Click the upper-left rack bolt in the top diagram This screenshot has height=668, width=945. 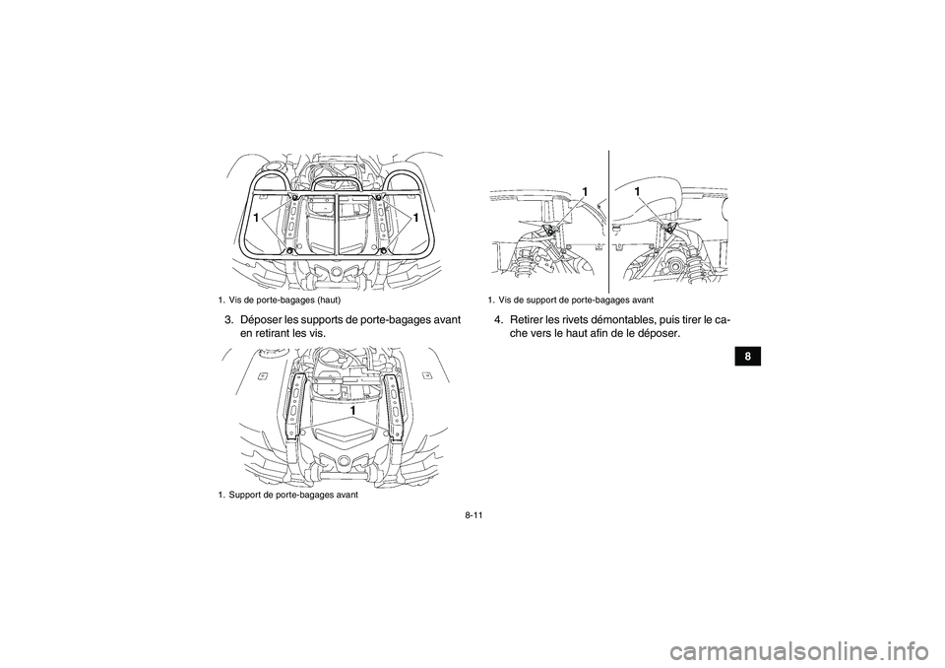click(x=294, y=196)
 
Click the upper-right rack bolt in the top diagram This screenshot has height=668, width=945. click(x=379, y=196)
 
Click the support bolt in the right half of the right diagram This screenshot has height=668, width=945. click(x=668, y=228)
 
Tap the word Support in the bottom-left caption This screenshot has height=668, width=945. click(x=247, y=495)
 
